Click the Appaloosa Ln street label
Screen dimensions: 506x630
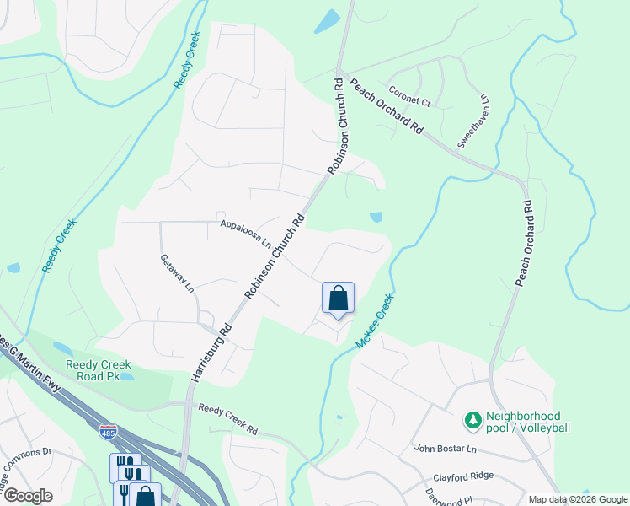point(245,233)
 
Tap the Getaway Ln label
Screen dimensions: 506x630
point(179,273)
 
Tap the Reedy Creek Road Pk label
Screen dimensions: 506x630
point(99,370)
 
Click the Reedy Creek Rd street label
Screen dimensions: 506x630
point(227,418)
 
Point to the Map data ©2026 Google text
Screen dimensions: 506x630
point(577,499)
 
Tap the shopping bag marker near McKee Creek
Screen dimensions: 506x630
point(338,299)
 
